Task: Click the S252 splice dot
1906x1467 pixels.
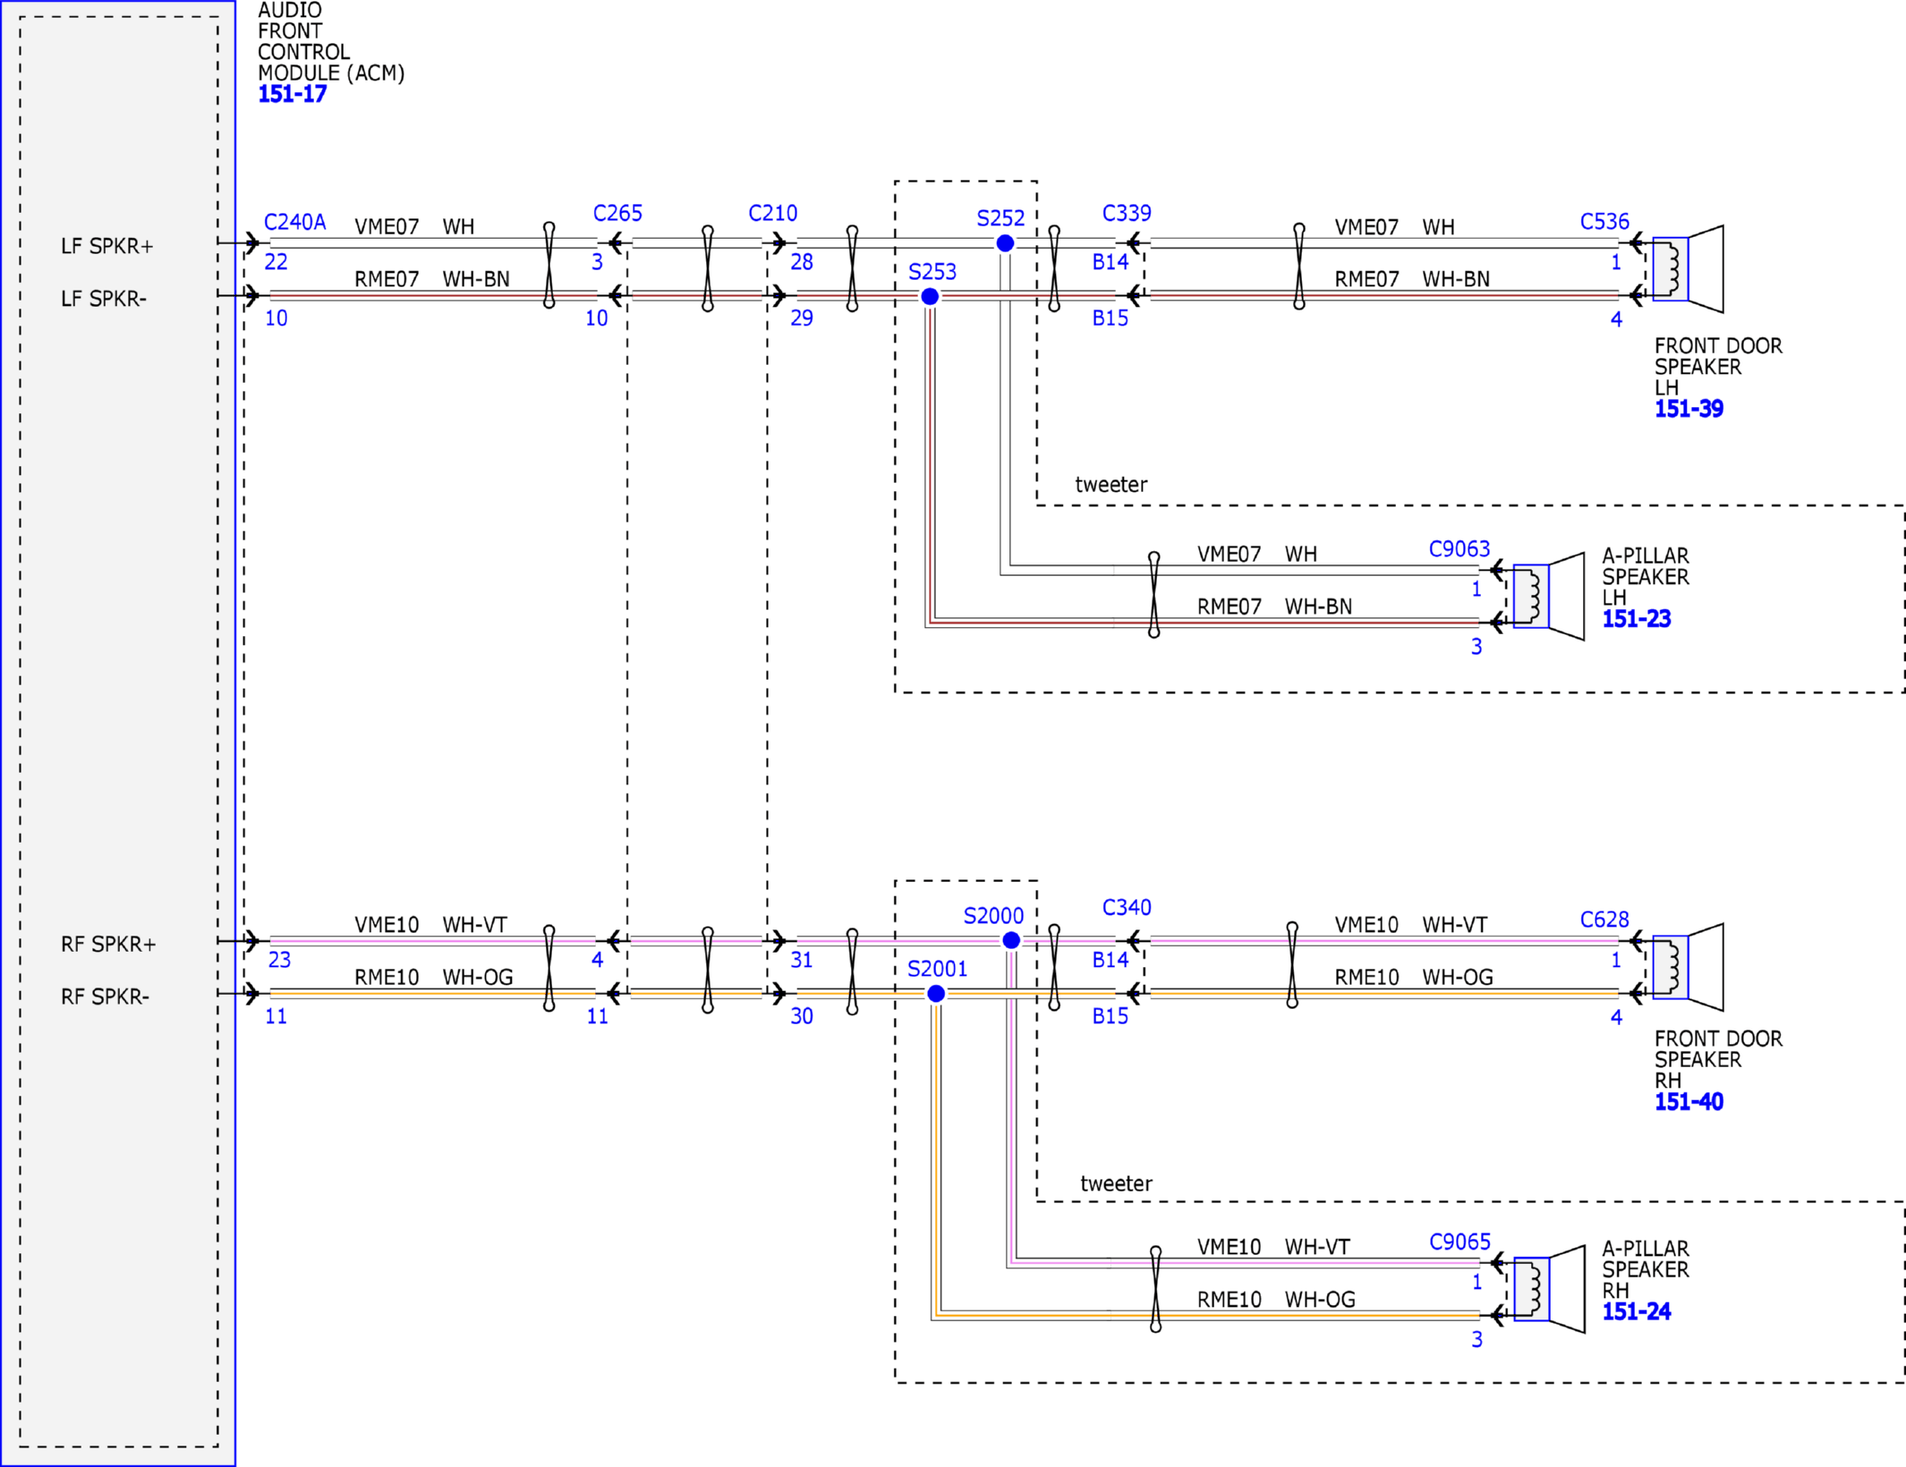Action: point(1005,243)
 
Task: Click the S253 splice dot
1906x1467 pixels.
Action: point(930,296)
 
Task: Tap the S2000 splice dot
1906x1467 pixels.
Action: point(1011,940)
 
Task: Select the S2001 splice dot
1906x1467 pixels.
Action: point(936,993)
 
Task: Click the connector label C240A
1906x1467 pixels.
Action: point(294,222)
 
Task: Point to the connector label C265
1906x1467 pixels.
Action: point(617,213)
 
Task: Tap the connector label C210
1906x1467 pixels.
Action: point(772,213)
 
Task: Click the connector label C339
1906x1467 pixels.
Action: point(1127,213)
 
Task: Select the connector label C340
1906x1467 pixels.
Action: point(1127,907)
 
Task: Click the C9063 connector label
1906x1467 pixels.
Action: point(1459,548)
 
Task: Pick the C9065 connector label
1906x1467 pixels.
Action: point(1459,1242)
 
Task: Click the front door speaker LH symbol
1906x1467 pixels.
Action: point(1688,269)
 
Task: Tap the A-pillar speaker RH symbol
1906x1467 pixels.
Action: point(1549,1289)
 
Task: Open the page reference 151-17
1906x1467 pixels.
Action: point(292,94)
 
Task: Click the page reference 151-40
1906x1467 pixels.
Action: point(1689,1101)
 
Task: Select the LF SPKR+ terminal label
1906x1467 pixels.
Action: point(107,246)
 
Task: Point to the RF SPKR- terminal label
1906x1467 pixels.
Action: point(105,996)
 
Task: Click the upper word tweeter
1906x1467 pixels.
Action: point(1110,485)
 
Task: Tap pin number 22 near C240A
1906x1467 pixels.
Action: point(276,262)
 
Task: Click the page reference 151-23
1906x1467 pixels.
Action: point(1636,618)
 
